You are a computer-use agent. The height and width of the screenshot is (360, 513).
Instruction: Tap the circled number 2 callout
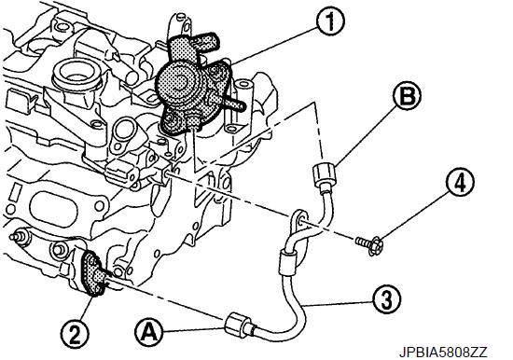[x=75, y=334]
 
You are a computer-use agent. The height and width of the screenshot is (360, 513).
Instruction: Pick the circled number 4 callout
[x=460, y=183]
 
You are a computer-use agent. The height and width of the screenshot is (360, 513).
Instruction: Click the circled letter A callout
[x=149, y=333]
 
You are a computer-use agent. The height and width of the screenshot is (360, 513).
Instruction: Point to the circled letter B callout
[x=407, y=95]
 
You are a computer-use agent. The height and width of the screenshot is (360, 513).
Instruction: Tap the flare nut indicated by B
[x=324, y=175]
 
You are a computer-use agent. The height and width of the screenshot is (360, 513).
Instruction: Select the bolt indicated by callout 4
[x=369, y=244]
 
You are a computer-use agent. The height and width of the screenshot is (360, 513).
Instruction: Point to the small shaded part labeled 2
[x=93, y=272]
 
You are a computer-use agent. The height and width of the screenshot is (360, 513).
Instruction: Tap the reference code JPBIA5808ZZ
[x=443, y=353]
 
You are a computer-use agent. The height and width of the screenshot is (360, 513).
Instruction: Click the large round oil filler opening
[x=76, y=74]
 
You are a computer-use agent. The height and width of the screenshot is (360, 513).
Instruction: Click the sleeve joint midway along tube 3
[x=287, y=262]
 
